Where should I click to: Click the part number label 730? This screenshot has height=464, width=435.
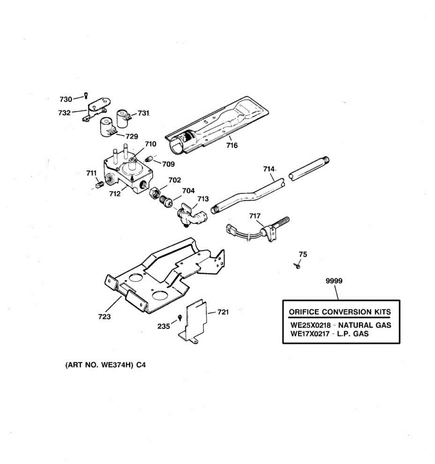[66, 99]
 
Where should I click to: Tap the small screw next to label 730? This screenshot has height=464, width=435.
[86, 96]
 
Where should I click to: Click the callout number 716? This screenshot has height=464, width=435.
[232, 145]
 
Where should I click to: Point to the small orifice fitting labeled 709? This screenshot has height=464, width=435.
[149, 159]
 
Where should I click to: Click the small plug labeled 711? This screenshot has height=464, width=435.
[99, 185]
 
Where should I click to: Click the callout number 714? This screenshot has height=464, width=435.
[269, 169]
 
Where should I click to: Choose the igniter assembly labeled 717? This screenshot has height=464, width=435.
[267, 230]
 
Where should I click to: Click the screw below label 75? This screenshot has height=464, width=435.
[298, 266]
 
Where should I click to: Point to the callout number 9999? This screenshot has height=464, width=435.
[334, 281]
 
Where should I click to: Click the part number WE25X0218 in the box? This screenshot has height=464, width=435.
[310, 325]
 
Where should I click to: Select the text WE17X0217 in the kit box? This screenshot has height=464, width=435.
[310, 334]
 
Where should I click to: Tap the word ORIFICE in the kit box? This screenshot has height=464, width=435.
[304, 312]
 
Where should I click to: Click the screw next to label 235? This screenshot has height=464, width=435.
[180, 318]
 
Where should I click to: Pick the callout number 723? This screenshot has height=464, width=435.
[104, 317]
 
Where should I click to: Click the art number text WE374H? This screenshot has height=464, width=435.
[115, 365]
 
